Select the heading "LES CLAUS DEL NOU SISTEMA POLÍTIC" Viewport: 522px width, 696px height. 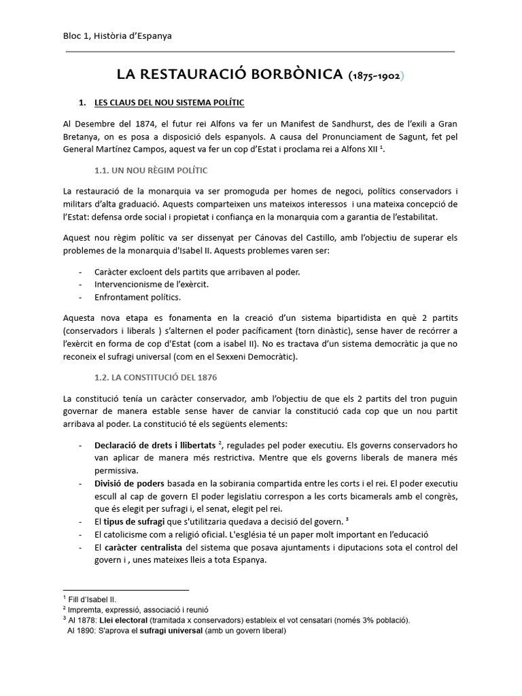tap(169, 103)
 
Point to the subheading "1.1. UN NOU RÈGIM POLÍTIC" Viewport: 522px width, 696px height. tap(150, 169)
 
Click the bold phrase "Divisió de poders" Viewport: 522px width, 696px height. tap(129, 484)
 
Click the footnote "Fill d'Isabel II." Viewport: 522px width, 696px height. tap(91, 600)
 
